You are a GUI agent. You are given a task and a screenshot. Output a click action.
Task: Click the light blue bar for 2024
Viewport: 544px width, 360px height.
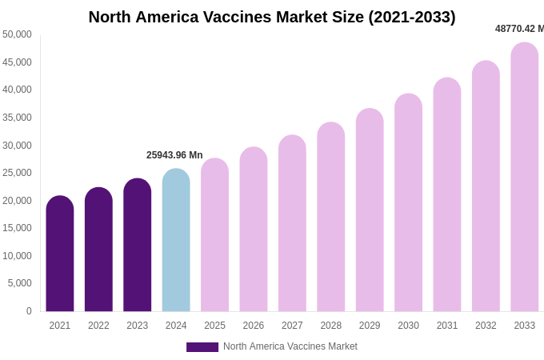(176, 240)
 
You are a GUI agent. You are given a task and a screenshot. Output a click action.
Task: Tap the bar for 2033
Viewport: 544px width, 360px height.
(525, 177)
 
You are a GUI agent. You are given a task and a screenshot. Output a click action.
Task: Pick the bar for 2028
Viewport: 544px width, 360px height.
(331, 217)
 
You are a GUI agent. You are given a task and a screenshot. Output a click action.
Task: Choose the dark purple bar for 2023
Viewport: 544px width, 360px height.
(138, 245)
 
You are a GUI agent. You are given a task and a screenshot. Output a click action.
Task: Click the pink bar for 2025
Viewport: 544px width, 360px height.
(214, 235)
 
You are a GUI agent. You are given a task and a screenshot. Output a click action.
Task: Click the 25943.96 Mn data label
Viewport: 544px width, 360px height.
(174, 155)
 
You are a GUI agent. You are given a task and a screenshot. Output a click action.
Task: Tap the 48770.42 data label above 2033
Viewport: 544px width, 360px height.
(518, 29)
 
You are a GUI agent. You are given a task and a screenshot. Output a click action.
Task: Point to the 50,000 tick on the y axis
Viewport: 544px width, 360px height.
(18, 34)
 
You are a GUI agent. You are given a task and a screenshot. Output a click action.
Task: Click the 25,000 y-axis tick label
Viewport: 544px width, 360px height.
(18, 173)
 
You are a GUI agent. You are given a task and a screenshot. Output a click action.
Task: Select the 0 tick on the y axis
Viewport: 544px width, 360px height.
(29, 311)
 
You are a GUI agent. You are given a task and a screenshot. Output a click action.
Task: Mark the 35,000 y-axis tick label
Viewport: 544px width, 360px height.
(18, 118)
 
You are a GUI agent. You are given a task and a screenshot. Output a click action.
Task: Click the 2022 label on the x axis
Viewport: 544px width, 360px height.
(98, 326)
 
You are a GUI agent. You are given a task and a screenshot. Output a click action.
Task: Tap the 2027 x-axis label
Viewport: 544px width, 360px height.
(292, 326)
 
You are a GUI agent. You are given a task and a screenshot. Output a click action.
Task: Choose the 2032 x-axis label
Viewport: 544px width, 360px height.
(486, 326)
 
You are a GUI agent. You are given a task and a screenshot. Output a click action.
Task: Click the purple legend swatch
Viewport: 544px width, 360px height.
(202, 347)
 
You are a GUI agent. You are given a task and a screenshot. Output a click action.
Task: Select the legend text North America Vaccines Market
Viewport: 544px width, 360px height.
(290, 346)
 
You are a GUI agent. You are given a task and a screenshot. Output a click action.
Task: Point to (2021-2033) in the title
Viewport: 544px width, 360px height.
(411, 17)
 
